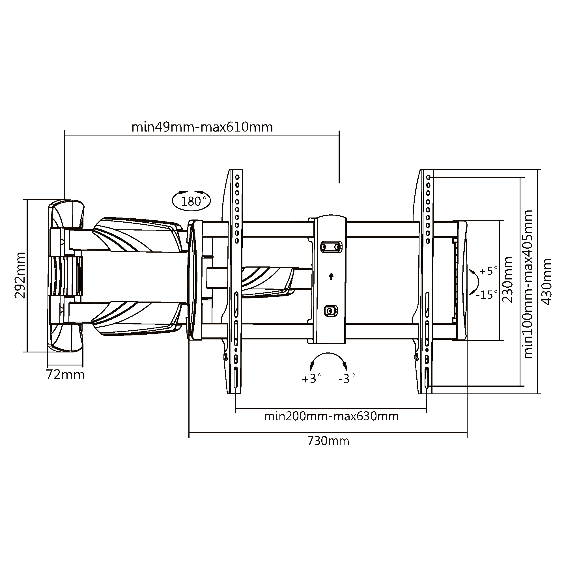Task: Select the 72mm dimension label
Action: point(65,375)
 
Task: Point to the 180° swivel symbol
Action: point(191,201)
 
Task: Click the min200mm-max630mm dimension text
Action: point(331,416)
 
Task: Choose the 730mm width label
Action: point(328,441)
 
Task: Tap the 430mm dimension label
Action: point(547,281)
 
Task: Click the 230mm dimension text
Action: point(508,279)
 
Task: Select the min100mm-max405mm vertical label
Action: point(528,284)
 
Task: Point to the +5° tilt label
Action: point(488,271)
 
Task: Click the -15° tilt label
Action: point(487,294)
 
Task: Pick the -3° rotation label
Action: point(347,379)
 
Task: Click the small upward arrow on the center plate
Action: point(331,276)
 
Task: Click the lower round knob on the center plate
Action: point(331,311)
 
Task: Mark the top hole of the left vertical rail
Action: point(237,177)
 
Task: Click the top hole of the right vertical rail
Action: point(428,177)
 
